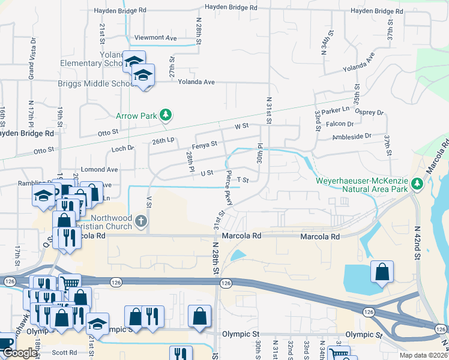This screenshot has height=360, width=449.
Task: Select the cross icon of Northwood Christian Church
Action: (141, 221)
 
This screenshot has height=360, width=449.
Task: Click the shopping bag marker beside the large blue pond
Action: (382, 272)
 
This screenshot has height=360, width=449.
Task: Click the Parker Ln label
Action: (335, 110)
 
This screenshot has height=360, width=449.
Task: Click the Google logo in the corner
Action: (19, 353)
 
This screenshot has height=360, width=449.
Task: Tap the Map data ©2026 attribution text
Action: (423, 355)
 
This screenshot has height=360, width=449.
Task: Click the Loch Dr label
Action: (123, 148)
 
